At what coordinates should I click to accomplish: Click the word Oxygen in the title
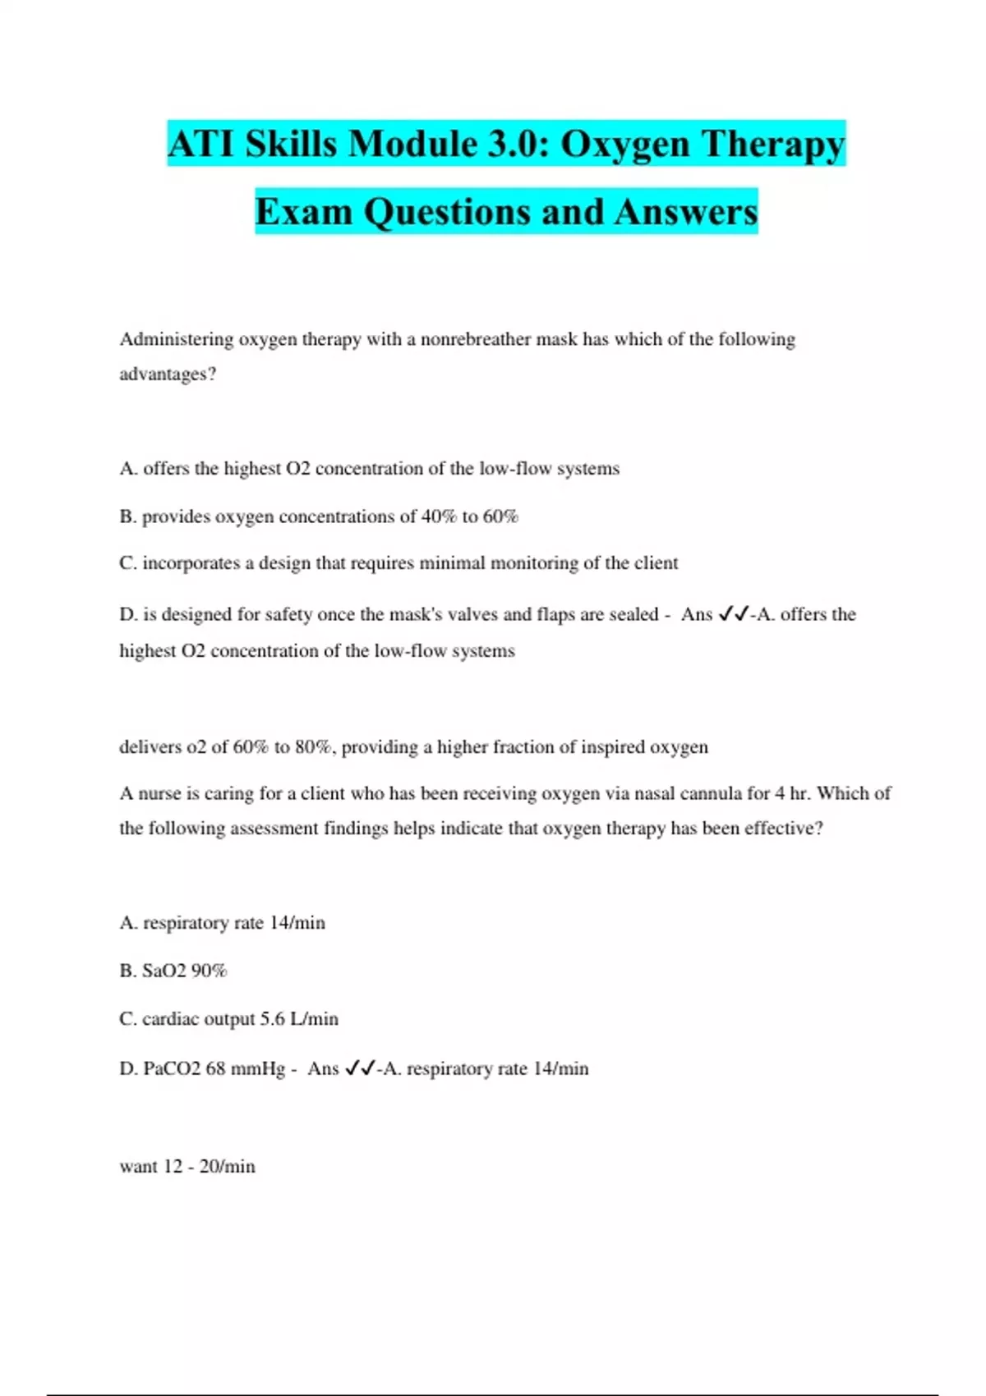click(x=624, y=145)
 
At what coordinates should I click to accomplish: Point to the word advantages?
click(x=168, y=374)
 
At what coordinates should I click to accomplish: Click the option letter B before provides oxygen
click(x=127, y=517)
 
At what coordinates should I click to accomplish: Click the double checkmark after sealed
click(x=732, y=614)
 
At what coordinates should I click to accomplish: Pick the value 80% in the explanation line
click(x=313, y=747)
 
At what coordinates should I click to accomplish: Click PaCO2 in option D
click(x=172, y=1069)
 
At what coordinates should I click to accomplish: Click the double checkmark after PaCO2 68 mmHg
click(x=360, y=1069)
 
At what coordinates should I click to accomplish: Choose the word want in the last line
click(x=137, y=1167)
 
